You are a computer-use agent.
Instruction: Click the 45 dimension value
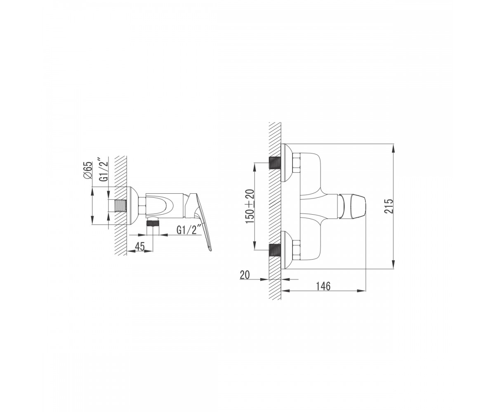point(140,246)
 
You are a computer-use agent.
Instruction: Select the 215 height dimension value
point(389,206)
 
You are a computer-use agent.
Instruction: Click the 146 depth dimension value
point(323,286)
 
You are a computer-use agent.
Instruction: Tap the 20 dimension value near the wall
point(245,275)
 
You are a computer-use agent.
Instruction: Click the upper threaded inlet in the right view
point(275,163)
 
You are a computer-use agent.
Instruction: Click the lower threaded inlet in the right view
point(275,250)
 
